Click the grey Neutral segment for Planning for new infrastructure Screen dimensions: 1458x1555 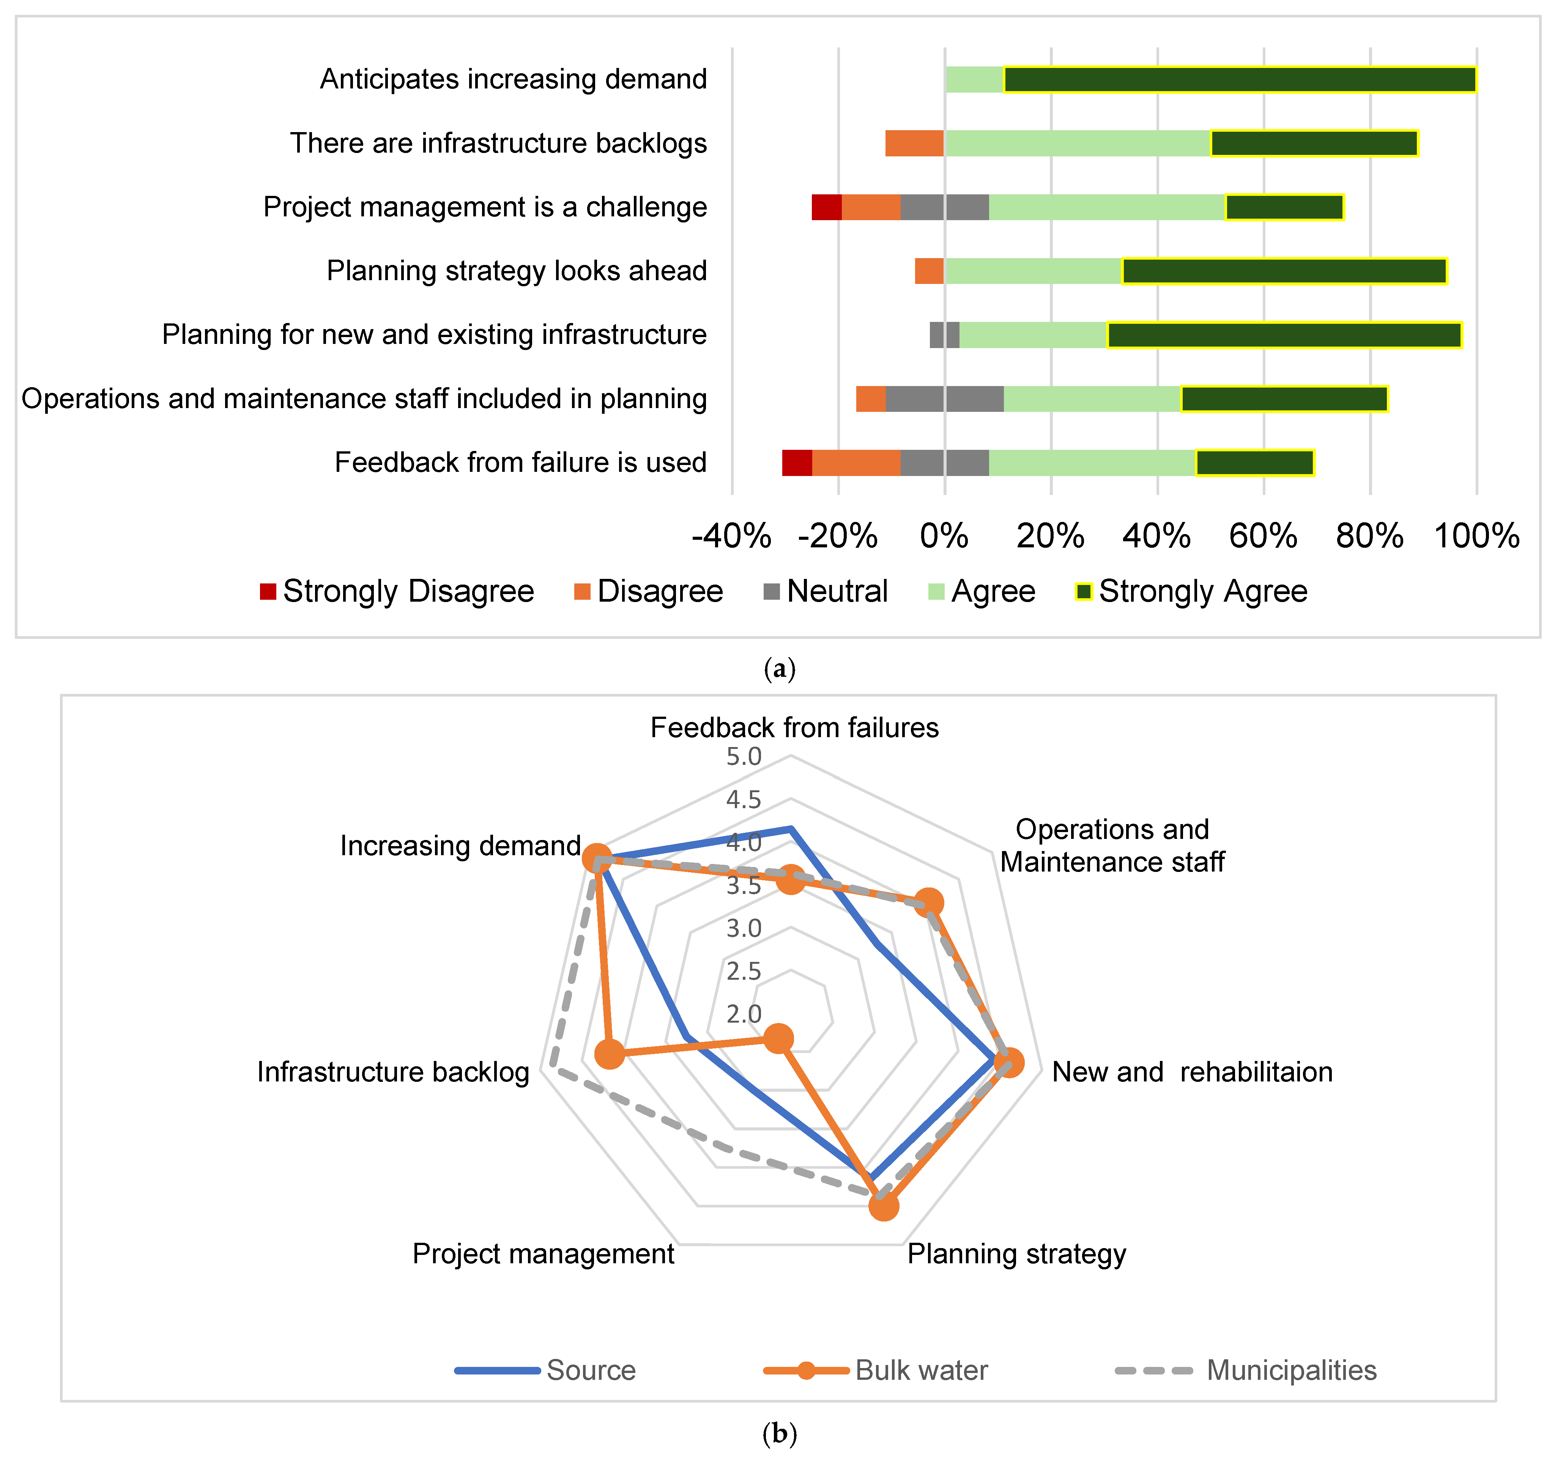(944, 335)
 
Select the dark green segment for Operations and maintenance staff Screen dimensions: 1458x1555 (1284, 399)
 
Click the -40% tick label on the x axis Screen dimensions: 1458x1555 (731, 537)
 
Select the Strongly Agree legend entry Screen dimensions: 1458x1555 (1191, 591)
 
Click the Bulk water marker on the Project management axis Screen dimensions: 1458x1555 (777, 1039)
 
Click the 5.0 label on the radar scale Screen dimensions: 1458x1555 (743, 757)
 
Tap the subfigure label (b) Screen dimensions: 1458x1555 (779, 1433)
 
